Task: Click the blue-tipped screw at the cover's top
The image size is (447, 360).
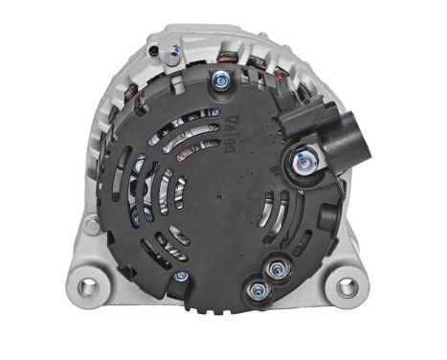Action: click(x=222, y=81)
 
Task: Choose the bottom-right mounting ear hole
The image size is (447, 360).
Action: click(x=347, y=286)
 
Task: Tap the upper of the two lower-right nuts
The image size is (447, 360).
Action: click(x=279, y=267)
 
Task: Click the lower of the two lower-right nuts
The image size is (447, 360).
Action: click(x=257, y=287)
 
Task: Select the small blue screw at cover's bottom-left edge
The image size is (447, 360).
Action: click(x=180, y=277)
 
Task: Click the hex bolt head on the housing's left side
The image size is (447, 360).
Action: click(x=90, y=227)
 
